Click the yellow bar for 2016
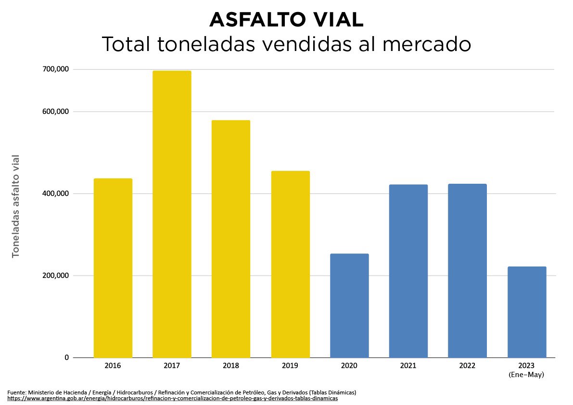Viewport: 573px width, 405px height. tap(113, 268)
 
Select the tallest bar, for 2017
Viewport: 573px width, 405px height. tap(172, 214)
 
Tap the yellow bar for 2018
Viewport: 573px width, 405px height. tap(231, 239)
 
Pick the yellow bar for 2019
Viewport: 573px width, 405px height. tap(290, 264)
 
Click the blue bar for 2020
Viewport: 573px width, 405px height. tap(349, 305)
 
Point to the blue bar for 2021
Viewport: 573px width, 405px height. tap(408, 271)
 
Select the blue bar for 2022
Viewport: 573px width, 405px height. tap(467, 270)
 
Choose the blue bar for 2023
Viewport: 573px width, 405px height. tap(527, 312)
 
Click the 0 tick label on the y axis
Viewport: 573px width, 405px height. tap(67, 357)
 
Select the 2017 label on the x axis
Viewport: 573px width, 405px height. tap(172, 366)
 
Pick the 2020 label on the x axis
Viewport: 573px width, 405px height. tap(349, 366)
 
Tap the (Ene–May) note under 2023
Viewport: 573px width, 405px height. tap(526, 375)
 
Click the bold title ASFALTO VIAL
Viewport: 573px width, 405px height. tap(286, 20)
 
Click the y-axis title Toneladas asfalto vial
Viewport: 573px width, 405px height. tap(16, 206)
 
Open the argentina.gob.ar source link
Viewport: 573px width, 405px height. tap(173, 399)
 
